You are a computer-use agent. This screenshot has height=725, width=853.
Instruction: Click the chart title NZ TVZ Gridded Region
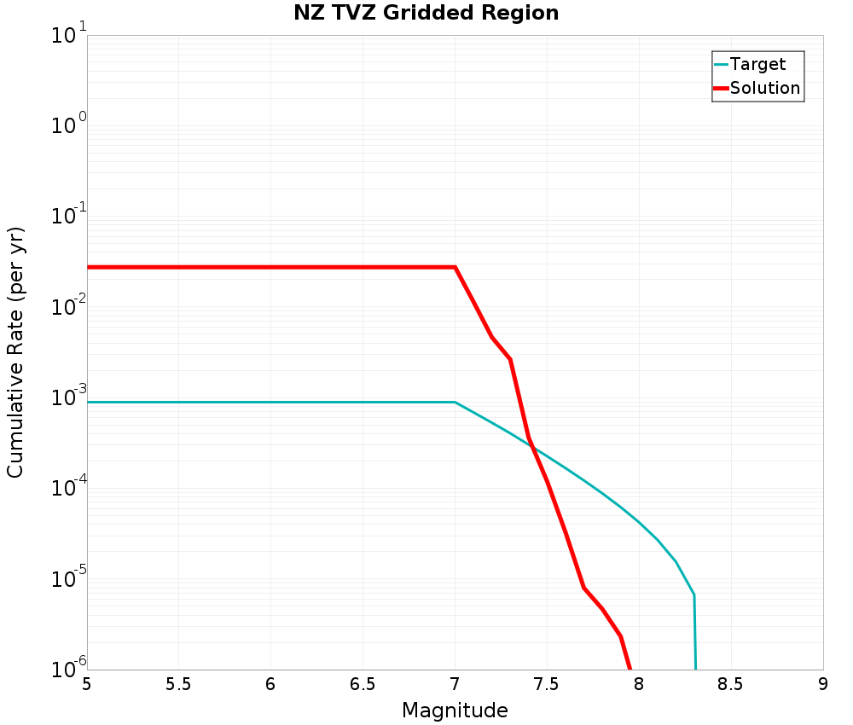tap(426, 13)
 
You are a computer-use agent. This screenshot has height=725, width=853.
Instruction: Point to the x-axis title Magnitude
tap(455, 710)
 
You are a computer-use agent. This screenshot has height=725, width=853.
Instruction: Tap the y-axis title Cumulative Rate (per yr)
tap(15, 352)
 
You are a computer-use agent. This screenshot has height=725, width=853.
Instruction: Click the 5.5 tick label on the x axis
tap(178, 685)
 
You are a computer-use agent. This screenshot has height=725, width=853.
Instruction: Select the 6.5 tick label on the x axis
tap(363, 685)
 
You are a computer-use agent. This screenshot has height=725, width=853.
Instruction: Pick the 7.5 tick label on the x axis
tap(547, 685)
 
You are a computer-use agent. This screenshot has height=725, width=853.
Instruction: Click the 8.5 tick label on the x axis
tap(731, 685)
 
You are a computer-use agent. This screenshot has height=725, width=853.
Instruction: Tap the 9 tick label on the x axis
tap(823, 685)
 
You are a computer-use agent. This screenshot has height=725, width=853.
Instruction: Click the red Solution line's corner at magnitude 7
tap(455, 267)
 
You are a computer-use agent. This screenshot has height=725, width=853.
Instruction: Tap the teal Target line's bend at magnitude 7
tap(455, 402)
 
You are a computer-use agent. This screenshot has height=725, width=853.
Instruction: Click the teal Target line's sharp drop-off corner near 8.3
tap(694, 594)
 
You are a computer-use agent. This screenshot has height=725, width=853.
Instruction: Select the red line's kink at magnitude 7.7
tap(583, 588)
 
